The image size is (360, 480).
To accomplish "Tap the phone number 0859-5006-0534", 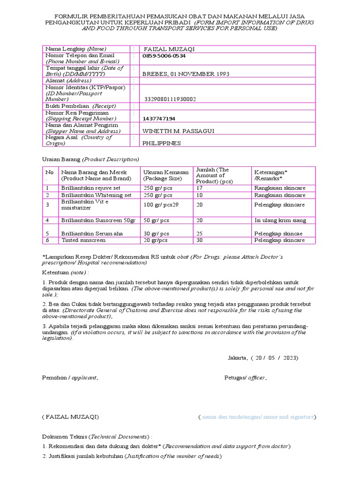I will click(x=164, y=56).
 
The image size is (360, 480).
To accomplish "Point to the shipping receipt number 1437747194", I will click(x=159, y=119).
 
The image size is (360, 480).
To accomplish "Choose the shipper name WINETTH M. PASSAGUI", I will click(x=178, y=131).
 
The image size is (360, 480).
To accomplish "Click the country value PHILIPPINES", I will click(x=161, y=143).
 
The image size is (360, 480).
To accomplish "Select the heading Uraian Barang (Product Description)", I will click(x=90, y=159).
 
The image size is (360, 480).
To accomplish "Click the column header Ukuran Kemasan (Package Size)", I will click(x=166, y=175).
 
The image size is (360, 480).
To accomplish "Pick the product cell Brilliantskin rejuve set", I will click(x=90, y=188).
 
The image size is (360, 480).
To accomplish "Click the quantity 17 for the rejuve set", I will click(x=200, y=188).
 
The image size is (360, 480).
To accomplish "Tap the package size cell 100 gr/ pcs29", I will click(x=161, y=205).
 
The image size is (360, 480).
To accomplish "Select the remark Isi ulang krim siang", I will click(x=280, y=220).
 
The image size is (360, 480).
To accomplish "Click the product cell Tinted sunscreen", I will click(x=83, y=240).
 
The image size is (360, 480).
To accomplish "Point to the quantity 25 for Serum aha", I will click(x=200, y=233).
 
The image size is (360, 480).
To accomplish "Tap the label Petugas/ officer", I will click(x=246, y=377).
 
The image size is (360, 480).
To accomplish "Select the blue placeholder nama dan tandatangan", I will click(x=257, y=417).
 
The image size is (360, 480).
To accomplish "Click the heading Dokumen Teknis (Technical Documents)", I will click(x=97, y=436).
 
